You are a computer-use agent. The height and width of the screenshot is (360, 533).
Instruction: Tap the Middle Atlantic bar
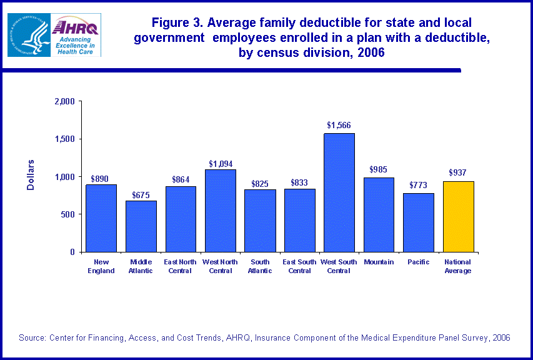coord(141,226)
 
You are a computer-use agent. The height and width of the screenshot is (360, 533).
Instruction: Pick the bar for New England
coord(101,218)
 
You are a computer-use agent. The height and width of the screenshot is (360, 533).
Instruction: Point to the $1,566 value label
coord(339,125)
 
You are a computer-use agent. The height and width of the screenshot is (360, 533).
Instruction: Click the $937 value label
coord(458,172)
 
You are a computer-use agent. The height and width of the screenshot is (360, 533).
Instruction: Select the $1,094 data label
coord(220,164)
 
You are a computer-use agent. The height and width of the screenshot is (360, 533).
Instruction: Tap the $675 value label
coord(141,195)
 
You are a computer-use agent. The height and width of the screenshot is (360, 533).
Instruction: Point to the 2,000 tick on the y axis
coord(65,101)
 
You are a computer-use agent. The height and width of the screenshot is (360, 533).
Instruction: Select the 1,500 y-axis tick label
coord(65,139)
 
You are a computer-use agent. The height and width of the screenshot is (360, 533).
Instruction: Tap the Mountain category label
coord(379,262)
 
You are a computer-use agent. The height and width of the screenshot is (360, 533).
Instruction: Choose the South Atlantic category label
coord(260,266)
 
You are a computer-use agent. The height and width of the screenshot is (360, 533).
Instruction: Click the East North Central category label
coord(181,266)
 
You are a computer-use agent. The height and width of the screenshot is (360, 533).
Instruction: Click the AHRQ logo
coord(76,35)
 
